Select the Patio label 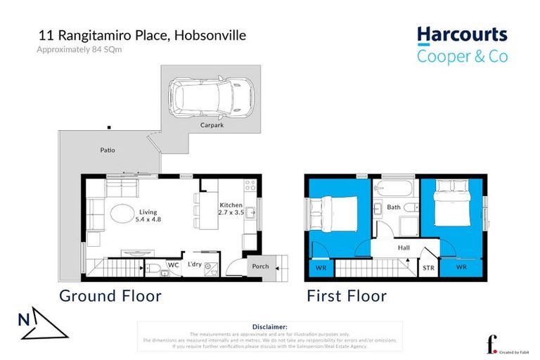(x=107, y=150)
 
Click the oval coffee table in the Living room (x=122, y=213)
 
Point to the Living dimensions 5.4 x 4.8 (x=148, y=220)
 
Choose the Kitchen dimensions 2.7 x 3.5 (x=231, y=212)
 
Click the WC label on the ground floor (x=172, y=265)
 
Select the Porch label (x=259, y=266)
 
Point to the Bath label (x=394, y=207)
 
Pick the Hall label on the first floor (x=403, y=247)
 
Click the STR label (x=428, y=267)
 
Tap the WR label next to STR (x=461, y=267)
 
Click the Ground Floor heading (x=110, y=295)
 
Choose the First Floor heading (x=347, y=295)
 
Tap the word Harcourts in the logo (x=461, y=35)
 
